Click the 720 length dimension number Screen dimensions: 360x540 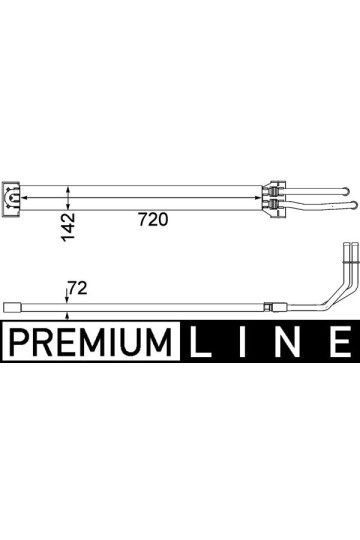pos(153,219)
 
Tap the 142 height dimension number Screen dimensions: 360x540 pos(68,227)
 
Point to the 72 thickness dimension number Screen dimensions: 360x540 pos(78,288)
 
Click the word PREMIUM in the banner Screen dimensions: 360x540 pos(90,342)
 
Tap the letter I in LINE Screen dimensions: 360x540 pos(243,342)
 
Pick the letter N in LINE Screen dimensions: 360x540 pos(288,342)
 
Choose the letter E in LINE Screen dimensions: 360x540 pos(340,342)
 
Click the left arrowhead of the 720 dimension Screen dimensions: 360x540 pos(23,198)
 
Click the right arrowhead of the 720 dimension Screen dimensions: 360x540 pos(258,198)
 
